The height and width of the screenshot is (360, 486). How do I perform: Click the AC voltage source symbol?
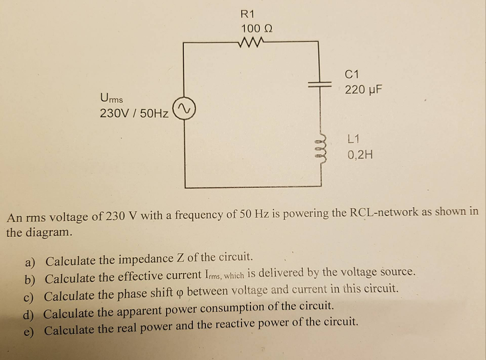(184, 109)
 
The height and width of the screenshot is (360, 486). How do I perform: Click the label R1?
(248, 14)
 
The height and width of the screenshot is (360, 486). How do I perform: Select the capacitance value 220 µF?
(363, 90)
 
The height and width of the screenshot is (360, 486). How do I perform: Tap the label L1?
(354, 139)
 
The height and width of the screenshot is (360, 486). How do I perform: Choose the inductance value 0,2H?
(360, 155)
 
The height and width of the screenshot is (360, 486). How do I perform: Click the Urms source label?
(112, 99)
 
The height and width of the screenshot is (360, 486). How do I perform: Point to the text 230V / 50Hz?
(134, 114)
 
